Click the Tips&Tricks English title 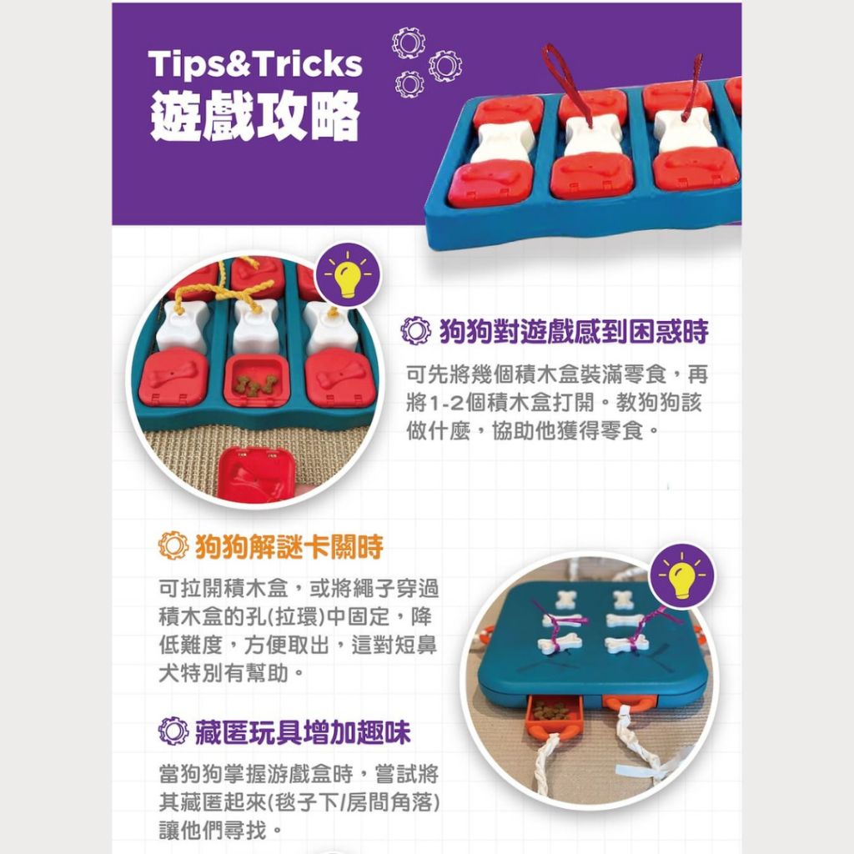tap(255, 64)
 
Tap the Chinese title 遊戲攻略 tap(255, 116)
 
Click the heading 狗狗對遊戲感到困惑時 tap(574, 331)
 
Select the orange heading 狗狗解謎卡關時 tap(289, 546)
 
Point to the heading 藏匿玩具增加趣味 tap(303, 731)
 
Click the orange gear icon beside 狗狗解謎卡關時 tap(173, 545)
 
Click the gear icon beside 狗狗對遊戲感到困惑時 tap(415, 330)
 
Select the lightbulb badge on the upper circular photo tap(348, 275)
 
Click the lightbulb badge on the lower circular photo tap(682, 576)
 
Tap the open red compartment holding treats tap(255, 381)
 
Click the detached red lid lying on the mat tap(256, 474)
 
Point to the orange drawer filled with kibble tap(553, 715)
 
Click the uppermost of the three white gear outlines tap(409, 43)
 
